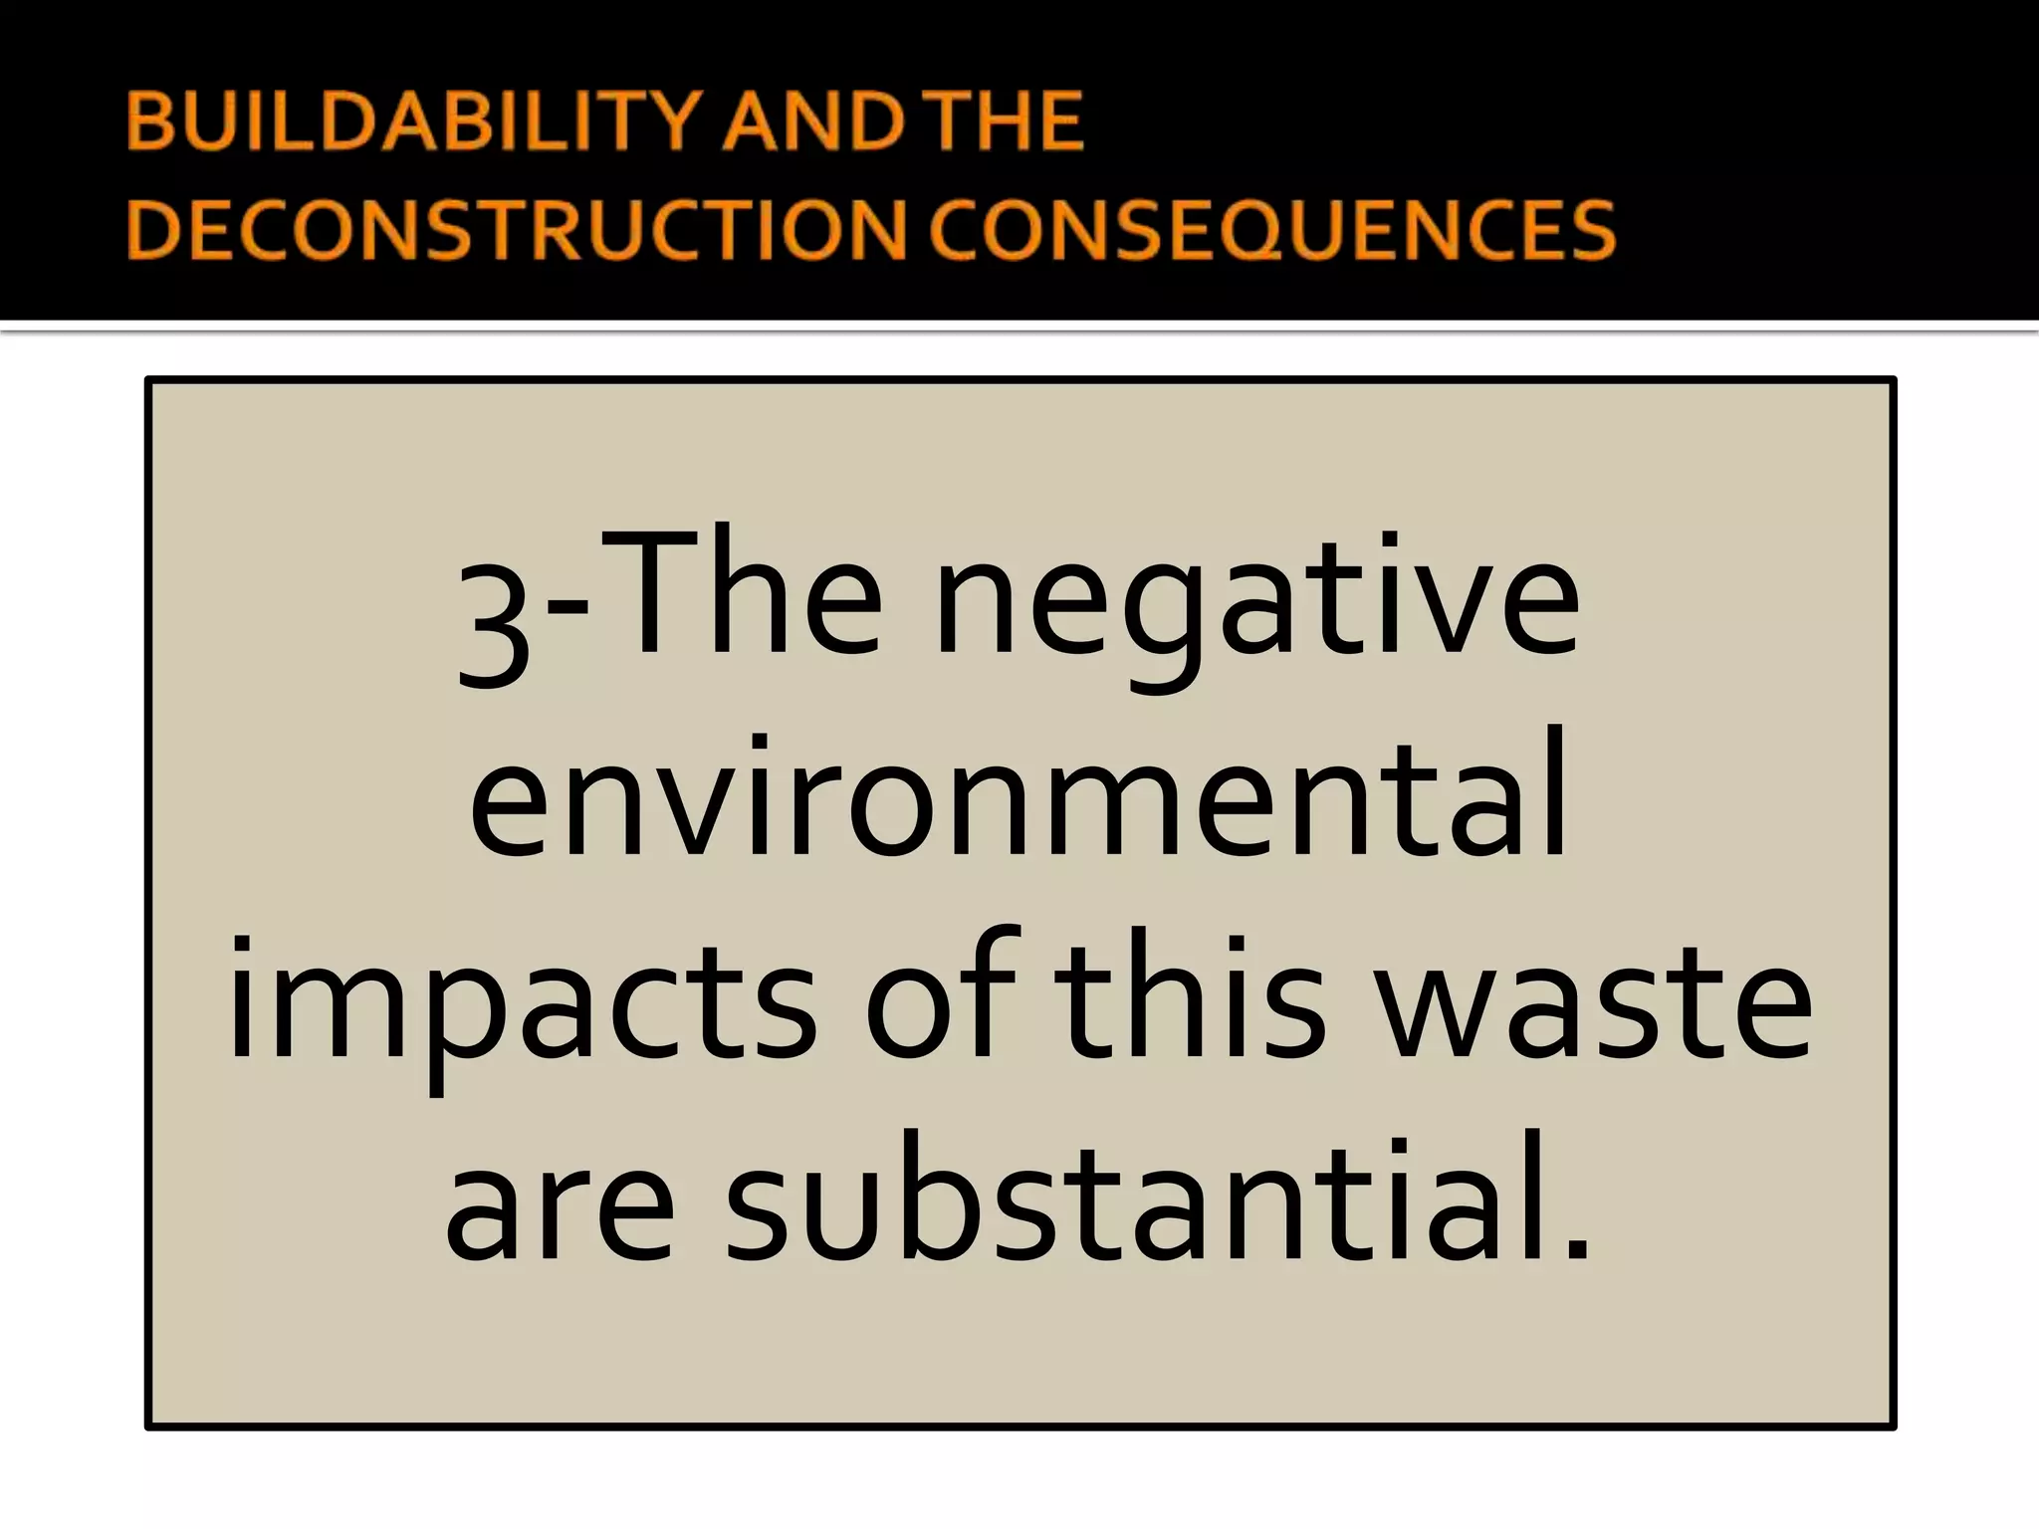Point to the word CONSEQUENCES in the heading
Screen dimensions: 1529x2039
pyautogui.click(x=1272, y=229)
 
